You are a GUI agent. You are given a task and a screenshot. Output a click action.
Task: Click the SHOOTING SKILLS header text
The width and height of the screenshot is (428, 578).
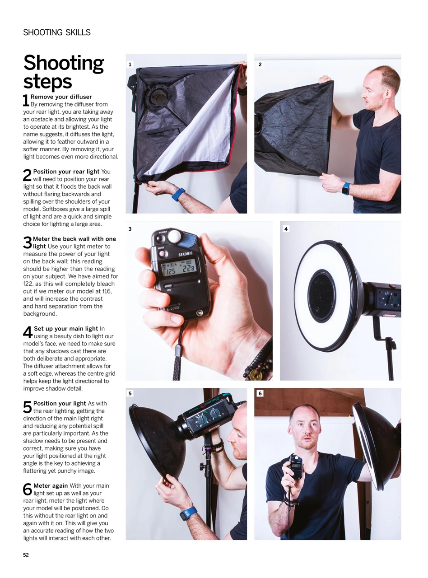pos(57,33)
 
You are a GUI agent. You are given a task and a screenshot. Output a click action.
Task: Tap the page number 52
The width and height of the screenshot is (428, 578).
pos(26,555)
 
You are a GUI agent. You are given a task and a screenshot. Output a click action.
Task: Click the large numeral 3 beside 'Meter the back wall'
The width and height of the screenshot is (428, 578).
pos(28,243)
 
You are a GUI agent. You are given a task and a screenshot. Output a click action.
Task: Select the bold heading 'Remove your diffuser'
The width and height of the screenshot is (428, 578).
pos(61,97)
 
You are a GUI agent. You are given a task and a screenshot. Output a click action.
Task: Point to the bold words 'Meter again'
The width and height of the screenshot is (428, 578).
pos(51,486)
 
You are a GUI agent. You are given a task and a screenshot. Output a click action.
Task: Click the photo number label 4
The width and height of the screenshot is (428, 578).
pos(286,229)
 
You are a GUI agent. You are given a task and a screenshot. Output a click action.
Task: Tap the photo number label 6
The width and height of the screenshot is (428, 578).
pos(260,394)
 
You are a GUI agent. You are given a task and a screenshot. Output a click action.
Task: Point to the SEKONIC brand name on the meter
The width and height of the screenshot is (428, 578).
pos(186,254)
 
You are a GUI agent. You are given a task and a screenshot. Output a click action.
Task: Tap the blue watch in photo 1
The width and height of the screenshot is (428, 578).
pos(178,195)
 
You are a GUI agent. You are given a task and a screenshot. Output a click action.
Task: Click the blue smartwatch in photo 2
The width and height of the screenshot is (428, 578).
pos(346,188)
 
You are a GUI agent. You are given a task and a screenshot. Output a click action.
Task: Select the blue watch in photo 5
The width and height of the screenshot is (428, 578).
pos(188,514)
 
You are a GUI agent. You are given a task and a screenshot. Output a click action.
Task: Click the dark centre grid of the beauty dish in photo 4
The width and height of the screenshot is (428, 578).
pos(322,296)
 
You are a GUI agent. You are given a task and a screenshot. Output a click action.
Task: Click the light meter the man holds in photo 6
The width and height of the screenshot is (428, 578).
pos(295,466)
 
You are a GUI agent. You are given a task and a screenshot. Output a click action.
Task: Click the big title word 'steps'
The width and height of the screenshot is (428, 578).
pos(47,82)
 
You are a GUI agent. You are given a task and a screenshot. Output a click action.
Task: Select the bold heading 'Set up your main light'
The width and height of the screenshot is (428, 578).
pos(66,329)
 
